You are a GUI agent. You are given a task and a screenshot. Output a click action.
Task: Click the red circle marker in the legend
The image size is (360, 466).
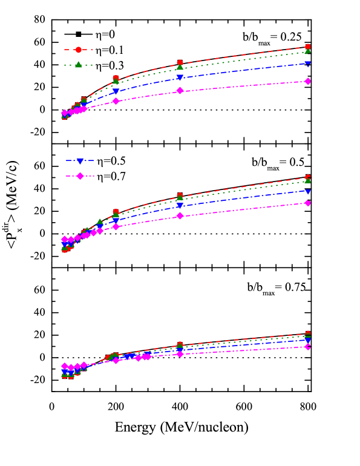point(79,50)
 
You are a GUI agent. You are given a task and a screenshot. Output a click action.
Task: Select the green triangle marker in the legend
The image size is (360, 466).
point(79,65)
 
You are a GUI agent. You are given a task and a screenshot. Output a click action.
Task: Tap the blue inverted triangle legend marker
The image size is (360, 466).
point(80,161)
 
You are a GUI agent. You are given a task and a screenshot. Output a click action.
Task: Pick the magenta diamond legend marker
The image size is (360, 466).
point(80,176)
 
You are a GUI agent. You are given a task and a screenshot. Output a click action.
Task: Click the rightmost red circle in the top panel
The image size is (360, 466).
point(308,47)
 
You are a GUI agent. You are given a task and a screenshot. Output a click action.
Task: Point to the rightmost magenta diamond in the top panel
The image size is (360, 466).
point(308,81)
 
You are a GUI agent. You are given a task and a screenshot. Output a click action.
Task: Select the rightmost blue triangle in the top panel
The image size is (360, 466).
point(308,64)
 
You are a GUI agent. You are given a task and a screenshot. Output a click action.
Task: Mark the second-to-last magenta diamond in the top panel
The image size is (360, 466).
point(180,91)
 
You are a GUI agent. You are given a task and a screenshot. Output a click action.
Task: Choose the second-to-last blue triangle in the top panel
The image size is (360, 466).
point(180,78)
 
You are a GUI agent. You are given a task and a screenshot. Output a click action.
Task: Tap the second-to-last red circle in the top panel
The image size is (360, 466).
point(180,63)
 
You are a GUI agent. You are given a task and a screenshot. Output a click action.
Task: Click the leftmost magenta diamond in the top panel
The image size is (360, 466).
point(65,113)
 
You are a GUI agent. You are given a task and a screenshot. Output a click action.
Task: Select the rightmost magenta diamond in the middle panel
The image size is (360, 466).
point(308,203)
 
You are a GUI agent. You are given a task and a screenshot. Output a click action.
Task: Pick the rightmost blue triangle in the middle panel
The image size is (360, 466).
point(308,191)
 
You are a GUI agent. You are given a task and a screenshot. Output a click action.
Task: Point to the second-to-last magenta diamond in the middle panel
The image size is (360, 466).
point(180,215)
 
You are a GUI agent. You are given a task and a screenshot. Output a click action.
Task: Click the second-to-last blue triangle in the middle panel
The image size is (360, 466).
point(180,206)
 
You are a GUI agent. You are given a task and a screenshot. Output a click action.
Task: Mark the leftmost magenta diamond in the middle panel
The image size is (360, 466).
point(65,240)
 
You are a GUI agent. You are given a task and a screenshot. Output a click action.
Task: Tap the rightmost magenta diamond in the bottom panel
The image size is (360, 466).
point(308,347)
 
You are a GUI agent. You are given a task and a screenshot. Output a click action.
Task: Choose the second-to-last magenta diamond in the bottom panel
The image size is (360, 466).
point(180,353)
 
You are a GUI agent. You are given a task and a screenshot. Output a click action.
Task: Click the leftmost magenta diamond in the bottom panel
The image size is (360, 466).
point(65,366)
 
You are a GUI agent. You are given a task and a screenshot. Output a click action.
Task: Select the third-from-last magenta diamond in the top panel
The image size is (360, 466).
point(116,101)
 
